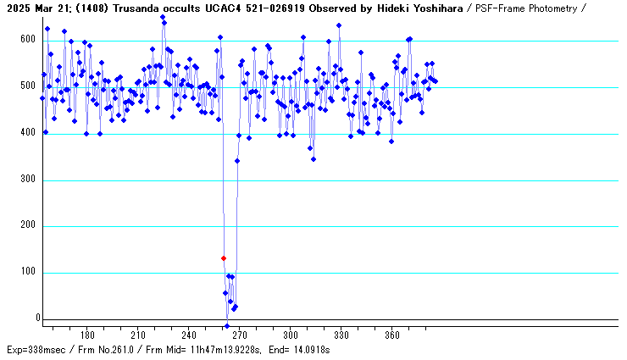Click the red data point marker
pos(224,258)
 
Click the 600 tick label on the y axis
pos(29,40)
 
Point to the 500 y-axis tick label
pos(29,86)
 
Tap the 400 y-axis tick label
pos(29,133)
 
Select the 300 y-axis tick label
pos(29,180)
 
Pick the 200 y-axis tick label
pos(29,226)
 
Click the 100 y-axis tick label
pos(29,273)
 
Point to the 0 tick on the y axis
pos(37,318)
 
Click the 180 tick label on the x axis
pos(87,335)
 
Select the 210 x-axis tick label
pos(138,335)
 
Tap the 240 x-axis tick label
pos(189,335)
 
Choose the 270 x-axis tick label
pos(240,335)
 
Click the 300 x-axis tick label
pos(291,335)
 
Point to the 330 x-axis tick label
pos(341,335)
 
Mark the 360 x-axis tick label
pos(392,335)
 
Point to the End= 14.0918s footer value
pos(298,349)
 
